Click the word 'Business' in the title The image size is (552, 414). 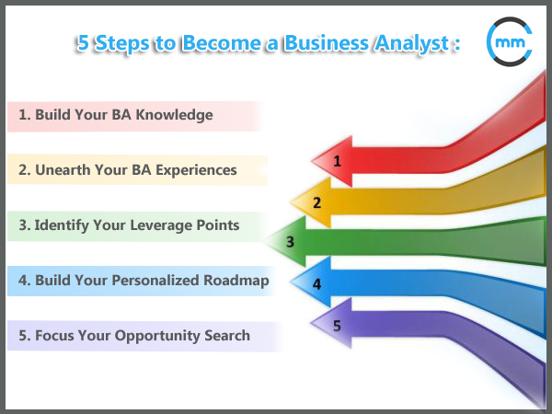click(327, 43)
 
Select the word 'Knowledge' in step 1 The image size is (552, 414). click(174, 115)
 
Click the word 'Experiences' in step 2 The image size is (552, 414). click(196, 170)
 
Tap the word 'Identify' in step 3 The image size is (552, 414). click(62, 225)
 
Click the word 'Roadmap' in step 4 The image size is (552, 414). click(236, 281)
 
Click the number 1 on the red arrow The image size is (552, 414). click(338, 161)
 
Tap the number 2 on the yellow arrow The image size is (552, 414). click(316, 202)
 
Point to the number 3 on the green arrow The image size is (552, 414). click(290, 242)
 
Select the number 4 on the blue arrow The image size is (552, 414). click(316, 284)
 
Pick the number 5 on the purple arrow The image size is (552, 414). click(337, 326)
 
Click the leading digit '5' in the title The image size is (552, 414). click(83, 43)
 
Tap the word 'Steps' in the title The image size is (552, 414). click(122, 44)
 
